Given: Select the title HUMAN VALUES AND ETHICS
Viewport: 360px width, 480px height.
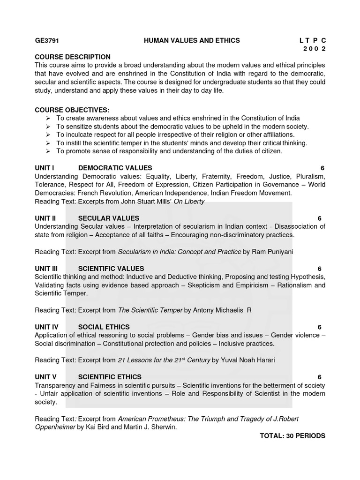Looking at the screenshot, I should [192, 41].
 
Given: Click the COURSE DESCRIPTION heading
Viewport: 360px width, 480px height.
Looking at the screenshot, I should [73, 57].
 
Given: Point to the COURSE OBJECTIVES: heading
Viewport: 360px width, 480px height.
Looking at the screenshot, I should [72, 110].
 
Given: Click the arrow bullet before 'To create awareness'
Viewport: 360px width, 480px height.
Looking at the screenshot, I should [49, 118].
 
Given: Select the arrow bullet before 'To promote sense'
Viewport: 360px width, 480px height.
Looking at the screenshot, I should [49, 151].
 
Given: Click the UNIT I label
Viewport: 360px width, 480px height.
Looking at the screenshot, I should [45, 168].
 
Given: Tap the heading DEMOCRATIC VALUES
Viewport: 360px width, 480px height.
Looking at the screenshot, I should [115, 168].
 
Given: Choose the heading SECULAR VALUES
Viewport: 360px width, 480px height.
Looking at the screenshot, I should [108, 218].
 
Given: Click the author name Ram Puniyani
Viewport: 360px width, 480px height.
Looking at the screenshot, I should [272, 252].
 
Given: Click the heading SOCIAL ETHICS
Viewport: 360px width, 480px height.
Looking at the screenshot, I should [104, 327].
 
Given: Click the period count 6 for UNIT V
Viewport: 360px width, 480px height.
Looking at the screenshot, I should [319, 377].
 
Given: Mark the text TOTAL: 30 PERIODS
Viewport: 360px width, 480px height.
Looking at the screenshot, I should [292, 435].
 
